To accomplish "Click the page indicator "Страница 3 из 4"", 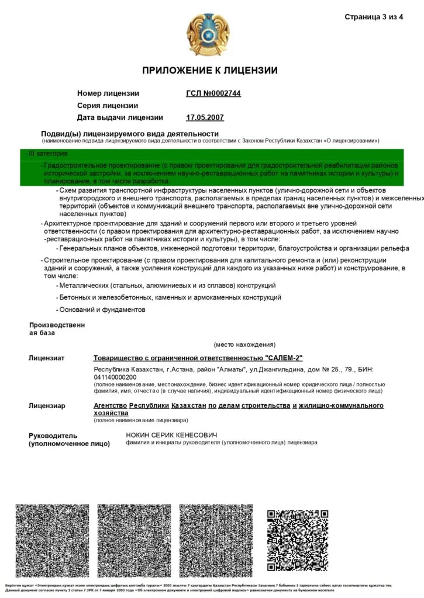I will point(374,16).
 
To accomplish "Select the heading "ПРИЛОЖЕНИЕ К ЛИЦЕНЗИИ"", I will point(210,71).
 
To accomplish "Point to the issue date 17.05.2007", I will point(205,117).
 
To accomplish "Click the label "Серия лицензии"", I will point(108,106).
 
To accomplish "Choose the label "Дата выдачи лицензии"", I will point(120,117).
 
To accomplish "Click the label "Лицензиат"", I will point(47,358).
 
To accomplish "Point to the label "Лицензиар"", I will point(47,406).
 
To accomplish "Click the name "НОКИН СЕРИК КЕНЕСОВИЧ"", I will point(171,436).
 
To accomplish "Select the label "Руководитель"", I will point(53,436).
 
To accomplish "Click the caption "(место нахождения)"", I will point(244,345).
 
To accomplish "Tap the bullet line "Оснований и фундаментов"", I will point(102,310).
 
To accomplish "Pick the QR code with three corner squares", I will point(298,540).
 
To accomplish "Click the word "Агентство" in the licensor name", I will point(110,405).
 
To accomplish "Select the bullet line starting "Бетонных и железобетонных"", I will point(170,297).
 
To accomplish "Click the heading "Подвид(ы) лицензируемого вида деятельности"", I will point(129,134).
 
